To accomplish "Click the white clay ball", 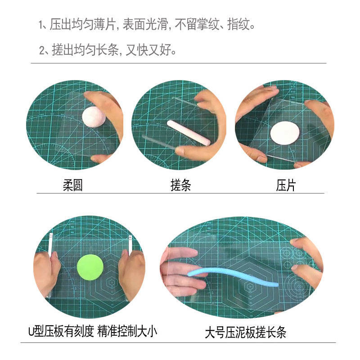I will point(94,118).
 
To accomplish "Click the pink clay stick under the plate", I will point(188,132).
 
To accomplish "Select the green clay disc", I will point(90,267).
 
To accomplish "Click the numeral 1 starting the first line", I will point(41,25).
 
